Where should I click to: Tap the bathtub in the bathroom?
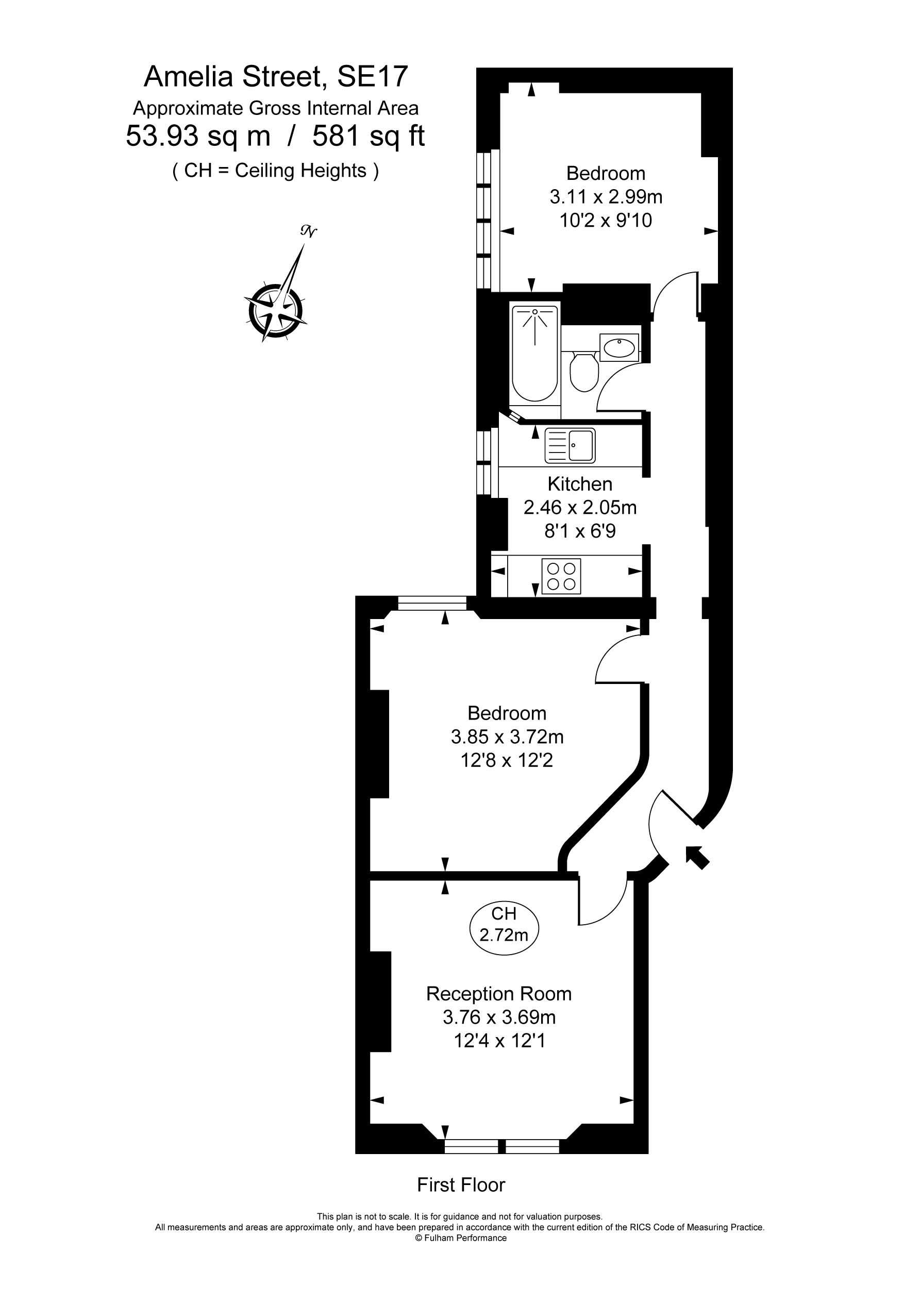(x=535, y=353)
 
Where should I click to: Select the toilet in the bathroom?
(x=583, y=372)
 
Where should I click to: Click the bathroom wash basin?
(x=619, y=347)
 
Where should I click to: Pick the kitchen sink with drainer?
(x=570, y=446)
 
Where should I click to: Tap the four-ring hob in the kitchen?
(x=561, y=576)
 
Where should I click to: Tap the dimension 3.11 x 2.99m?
(x=606, y=197)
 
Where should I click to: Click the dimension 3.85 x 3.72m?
(x=507, y=737)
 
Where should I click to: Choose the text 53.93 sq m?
(x=198, y=136)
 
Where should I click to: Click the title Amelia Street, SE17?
(x=276, y=77)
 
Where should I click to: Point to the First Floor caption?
(x=461, y=1184)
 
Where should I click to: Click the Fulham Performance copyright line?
(x=461, y=1238)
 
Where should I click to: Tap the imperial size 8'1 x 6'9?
(x=580, y=531)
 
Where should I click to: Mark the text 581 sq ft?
(x=369, y=136)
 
